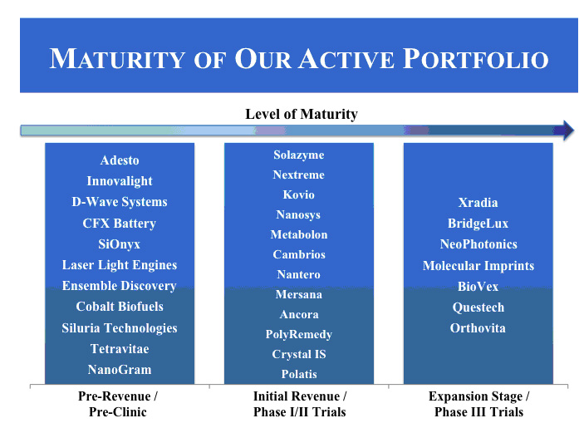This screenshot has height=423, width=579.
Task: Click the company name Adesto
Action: (x=120, y=160)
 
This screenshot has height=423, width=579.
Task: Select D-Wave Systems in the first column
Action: (x=120, y=202)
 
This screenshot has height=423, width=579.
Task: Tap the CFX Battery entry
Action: (x=120, y=224)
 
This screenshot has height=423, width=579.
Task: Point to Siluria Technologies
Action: (x=120, y=328)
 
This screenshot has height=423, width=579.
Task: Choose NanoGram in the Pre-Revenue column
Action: (x=120, y=370)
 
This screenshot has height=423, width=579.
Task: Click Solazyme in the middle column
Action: (x=299, y=155)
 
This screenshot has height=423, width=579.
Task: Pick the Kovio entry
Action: (x=299, y=194)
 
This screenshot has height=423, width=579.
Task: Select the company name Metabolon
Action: (x=299, y=234)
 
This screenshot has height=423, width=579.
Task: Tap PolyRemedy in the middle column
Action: (x=299, y=334)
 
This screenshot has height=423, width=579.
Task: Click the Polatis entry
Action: (x=299, y=374)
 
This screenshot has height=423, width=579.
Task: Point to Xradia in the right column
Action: (x=478, y=203)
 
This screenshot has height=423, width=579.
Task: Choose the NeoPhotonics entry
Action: (x=478, y=244)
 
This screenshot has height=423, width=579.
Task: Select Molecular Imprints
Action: (x=478, y=266)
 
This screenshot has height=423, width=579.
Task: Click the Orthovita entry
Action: (x=478, y=328)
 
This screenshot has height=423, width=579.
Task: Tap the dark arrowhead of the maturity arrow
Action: (x=566, y=130)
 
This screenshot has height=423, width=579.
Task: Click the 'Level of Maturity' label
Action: (x=302, y=114)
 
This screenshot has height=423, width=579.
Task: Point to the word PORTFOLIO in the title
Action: (x=476, y=59)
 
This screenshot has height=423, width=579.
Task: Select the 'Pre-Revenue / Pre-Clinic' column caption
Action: (x=118, y=404)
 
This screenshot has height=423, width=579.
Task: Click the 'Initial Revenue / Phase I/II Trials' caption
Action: (x=300, y=404)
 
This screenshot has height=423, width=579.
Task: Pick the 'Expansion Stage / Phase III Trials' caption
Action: (x=479, y=404)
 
